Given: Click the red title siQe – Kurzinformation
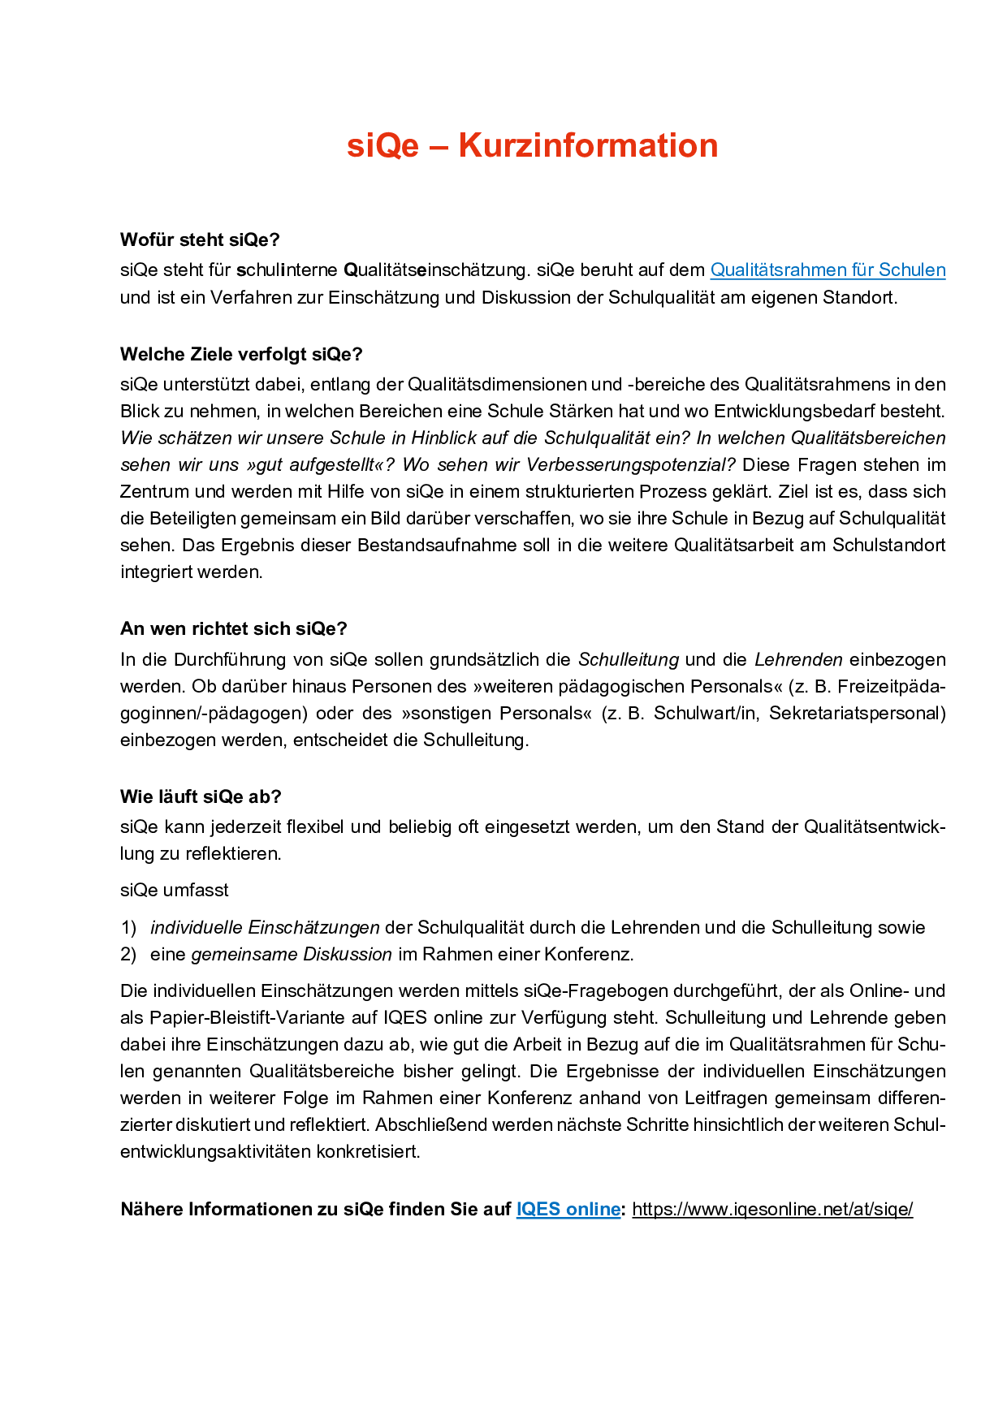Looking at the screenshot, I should click(532, 146).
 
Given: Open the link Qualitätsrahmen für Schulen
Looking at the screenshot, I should click(828, 270).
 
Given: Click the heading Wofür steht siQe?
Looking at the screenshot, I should click(200, 240).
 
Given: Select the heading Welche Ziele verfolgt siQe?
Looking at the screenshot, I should click(241, 355).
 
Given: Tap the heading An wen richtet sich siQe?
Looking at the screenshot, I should click(234, 629).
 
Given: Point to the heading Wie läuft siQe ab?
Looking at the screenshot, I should click(201, 797).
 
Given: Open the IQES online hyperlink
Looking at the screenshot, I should click(568, 1210).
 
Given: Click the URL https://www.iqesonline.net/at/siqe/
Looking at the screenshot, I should click(772, 1210).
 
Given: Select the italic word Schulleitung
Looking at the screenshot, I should click(629, 660).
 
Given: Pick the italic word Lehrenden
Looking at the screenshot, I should click(798, 660).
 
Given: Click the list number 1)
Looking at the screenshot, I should click(128, 928).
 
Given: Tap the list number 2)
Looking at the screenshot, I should click(128, 955).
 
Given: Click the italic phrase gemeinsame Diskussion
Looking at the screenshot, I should click(292, 955).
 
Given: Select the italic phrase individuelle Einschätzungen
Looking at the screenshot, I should click(265, 928).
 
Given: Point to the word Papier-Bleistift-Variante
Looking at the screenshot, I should click(248, 1018).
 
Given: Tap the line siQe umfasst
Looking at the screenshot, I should click(175, 891).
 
